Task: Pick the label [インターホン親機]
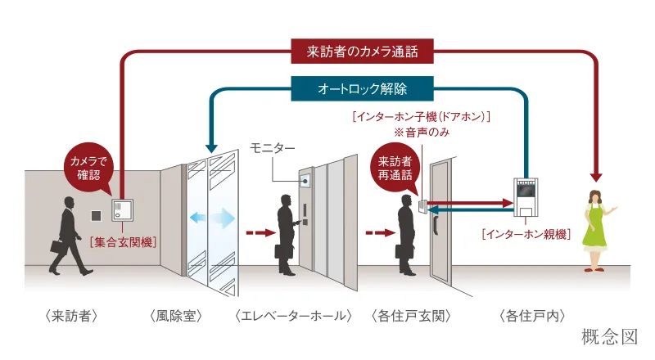(x=522, y=234)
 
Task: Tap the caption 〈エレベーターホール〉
(x=293, y=315)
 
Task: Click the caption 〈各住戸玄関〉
(x=412, y=315)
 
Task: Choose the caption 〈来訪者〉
(x=72, y=315)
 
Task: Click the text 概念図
(x=608, y=336)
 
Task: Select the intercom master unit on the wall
(x=524, y=196)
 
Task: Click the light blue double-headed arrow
(x=212, y=219)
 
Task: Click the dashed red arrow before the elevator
(x=260, y=233)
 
